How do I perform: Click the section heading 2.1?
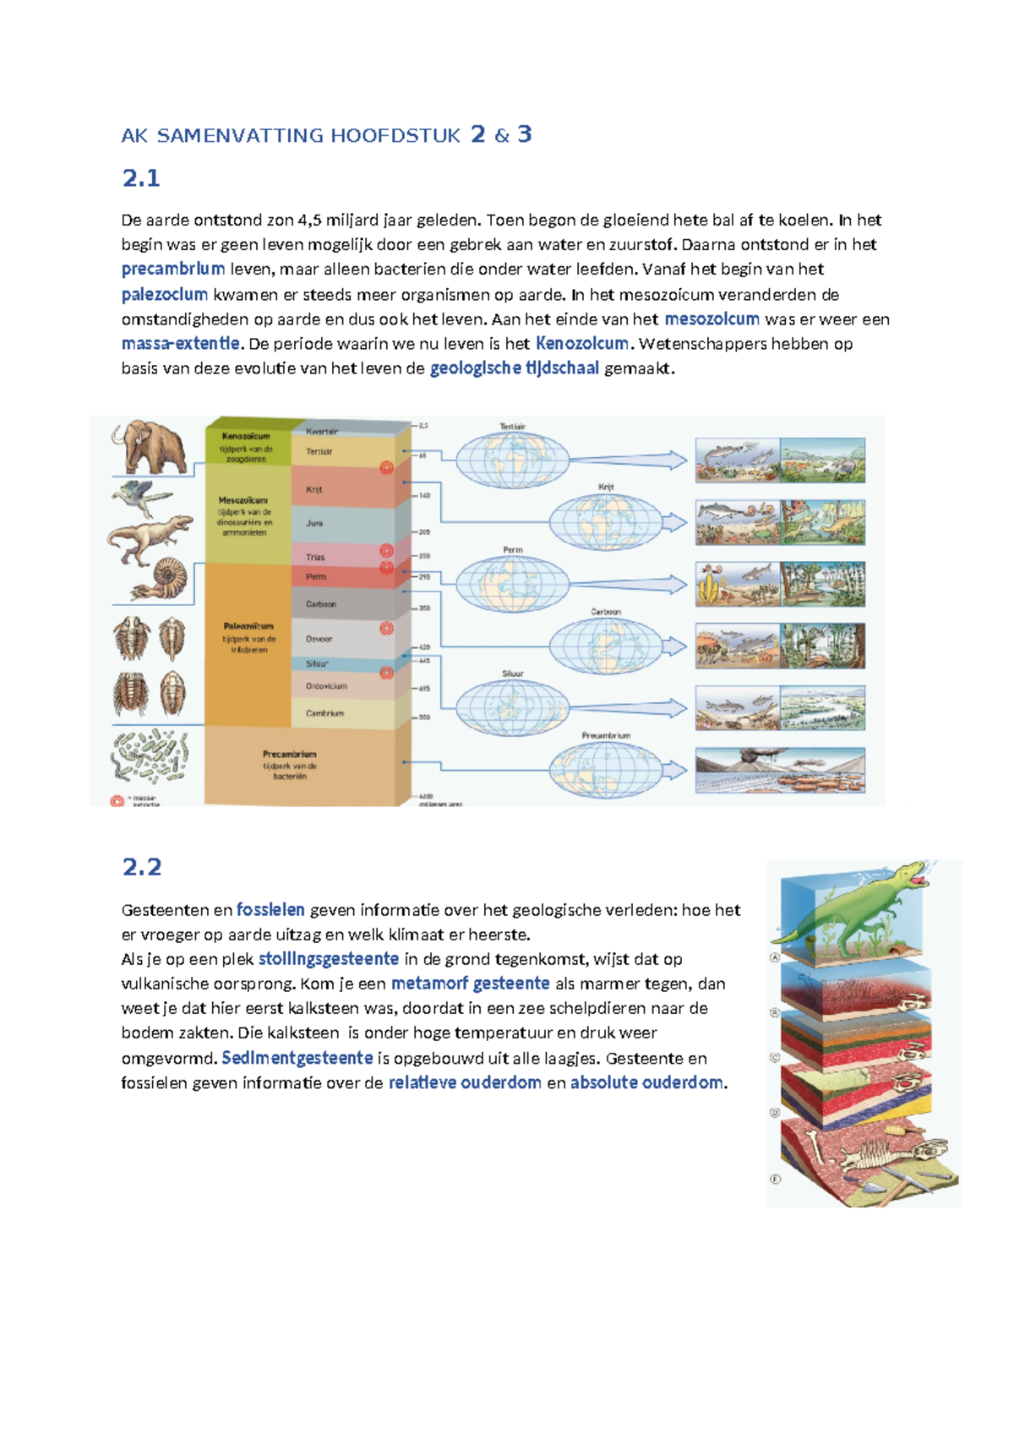[141, 178]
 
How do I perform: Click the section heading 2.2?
[141, 867]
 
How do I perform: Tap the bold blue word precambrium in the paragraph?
[172, 270]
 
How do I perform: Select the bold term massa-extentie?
[180, 344]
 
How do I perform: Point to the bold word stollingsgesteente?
[328, 959]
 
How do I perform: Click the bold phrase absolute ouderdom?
[646, 1083]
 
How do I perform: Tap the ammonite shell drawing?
[167, 580]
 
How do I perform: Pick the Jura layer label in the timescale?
[314, 524]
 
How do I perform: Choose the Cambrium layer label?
[324, 714]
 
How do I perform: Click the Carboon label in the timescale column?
[321, 605]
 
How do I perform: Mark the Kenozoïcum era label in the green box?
[246, 437]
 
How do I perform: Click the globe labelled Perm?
[512, 584]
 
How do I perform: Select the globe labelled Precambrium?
[605, 770]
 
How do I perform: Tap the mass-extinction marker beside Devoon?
[386, 629]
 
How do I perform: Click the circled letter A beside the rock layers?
[774, 958]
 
